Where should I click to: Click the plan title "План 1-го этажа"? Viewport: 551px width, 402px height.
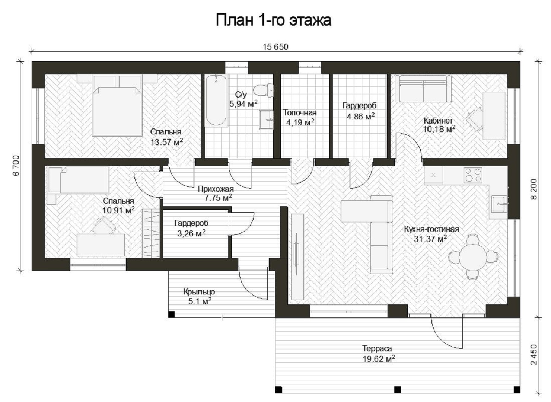coord(273,20)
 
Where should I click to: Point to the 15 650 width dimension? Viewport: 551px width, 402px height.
coord(275,47)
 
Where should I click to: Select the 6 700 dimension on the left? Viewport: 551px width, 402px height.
coord(16,166)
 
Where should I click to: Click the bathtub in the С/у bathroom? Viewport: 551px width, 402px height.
coord(216,101)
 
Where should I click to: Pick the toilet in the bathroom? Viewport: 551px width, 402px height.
coord(264,90)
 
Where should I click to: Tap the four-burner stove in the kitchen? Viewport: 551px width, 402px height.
coord(473,175)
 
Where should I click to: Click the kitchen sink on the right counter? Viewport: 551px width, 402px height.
coord(499,204)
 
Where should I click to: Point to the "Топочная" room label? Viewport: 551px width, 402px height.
coord(300,113)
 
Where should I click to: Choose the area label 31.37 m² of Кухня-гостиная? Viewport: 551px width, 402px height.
coord(430,239)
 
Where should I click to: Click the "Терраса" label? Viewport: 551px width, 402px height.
coord(377,348)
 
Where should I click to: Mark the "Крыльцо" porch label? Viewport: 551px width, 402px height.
coord(199,292)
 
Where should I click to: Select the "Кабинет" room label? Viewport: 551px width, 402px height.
coord(438,121)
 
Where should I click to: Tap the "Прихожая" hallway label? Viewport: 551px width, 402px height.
coord(216,189)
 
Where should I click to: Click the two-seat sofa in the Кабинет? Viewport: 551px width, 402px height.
coord(423,89)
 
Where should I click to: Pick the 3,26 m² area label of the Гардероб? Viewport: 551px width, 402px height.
coord(191,233)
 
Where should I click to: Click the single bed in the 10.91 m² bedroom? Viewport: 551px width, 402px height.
coord(78,180)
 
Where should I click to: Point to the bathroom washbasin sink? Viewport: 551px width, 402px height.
coord(267,119)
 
